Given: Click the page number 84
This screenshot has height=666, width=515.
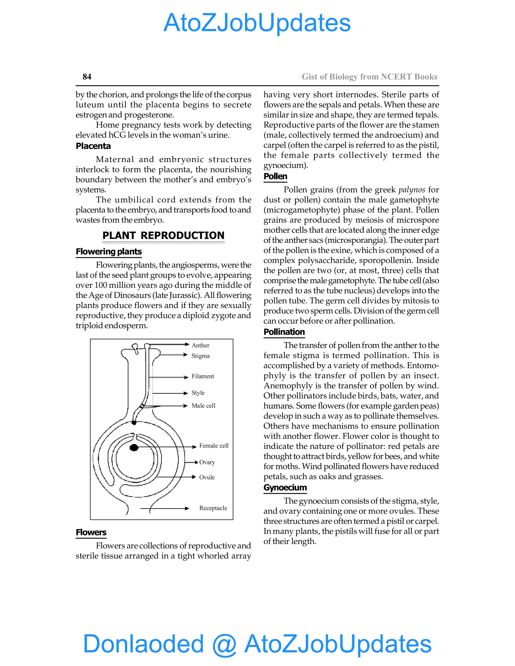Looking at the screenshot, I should click(x=87, y=77).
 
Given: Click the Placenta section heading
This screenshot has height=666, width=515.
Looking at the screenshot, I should click(x=93, y=146).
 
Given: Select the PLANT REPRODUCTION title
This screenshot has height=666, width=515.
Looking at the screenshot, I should click(x=163, y=235).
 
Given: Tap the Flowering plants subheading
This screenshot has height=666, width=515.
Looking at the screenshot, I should click(x=109, y=252).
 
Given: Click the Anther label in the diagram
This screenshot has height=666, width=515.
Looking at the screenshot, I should click(x=200, y=345).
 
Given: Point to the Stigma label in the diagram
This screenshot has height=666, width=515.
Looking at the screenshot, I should click(x=200, y=356).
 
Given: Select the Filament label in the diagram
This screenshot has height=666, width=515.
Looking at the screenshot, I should click(x=203, y=376).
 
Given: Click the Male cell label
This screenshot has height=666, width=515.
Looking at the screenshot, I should click(x=203, y=406).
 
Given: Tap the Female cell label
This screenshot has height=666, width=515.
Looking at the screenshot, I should click(x=213, y=446).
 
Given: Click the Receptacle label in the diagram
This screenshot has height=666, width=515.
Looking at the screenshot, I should click(x=213, y=508).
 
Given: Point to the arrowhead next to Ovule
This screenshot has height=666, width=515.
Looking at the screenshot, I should click(x=193, y=477).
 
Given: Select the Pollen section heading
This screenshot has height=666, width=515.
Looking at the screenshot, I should click(x=275, y=177).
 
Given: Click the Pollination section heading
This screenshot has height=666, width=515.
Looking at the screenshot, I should click(x=284, y=332).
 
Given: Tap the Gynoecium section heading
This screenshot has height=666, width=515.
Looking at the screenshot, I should click(x=285, y=488).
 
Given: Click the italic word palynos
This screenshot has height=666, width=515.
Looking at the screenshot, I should click(x=412, y=190).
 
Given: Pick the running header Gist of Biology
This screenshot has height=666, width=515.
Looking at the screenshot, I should click(x=369, y=77).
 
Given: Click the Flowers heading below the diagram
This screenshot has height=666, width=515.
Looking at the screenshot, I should click(x=91, y=533).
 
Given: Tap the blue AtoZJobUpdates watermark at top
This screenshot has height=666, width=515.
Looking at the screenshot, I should click(x=257, y=23).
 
